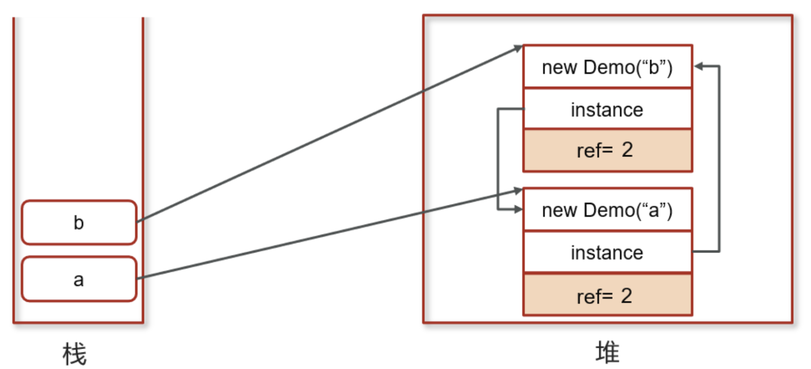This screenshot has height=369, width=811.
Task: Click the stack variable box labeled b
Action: [x=79, y=222]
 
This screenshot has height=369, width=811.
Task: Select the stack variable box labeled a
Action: [x=79, y=279]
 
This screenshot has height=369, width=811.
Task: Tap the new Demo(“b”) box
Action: [x=608, y=67]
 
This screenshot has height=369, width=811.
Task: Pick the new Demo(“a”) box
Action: [x=608, y=210]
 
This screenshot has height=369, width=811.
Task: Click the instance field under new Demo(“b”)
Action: [x=608, y=109]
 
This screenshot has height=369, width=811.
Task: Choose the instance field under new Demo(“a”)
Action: [x=608, y=252]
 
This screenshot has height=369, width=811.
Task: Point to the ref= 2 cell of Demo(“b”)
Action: [x=608, y=150]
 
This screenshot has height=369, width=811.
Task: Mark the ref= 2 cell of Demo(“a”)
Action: [x=608, y=294]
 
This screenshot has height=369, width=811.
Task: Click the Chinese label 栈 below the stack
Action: [x=75, y=353]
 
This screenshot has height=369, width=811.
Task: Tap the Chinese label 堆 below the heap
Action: [x=607, y=352]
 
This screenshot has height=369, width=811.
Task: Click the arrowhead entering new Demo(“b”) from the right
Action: [x=698, y=66]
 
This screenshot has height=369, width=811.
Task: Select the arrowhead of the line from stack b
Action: [x=518, y=48]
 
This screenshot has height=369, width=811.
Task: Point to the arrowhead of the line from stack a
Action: [x=518, y=191]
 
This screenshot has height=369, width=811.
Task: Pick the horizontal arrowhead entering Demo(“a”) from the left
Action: [x=518, y=209]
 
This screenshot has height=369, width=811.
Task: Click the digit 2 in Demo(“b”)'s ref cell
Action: [x=627, y=150]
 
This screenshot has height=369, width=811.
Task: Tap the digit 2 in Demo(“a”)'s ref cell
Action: [x=626, y=295]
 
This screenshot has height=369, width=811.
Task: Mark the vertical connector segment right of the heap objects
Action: [x=719, y=159]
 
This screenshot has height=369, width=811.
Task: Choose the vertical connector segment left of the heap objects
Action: [x=498, y=159]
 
